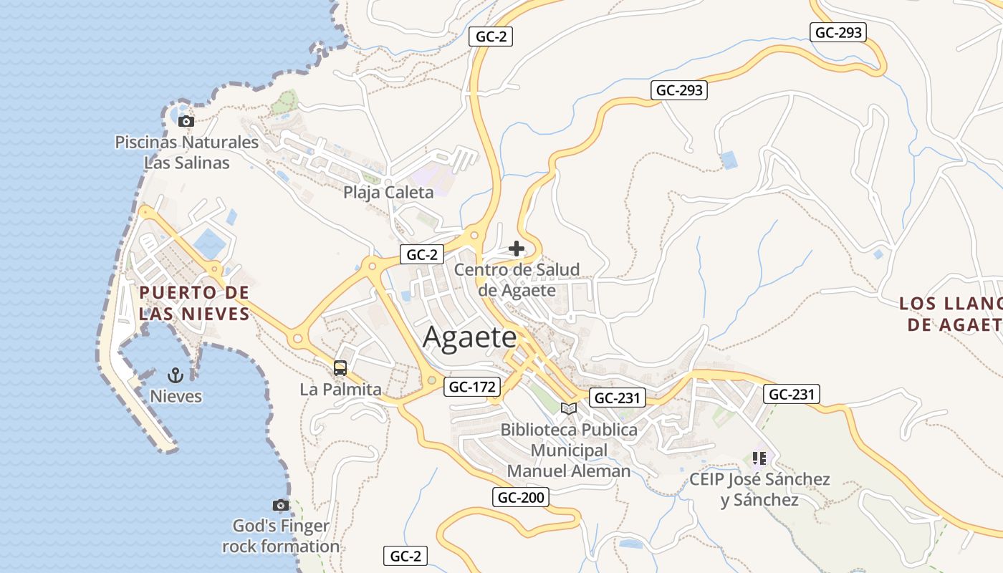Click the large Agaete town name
point(469,337)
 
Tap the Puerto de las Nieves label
point(194,303)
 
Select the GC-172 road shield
point(471,387)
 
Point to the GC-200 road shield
point(521,497)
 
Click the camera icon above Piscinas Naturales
point(186,121)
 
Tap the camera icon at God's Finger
point(281,505)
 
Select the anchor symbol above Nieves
point(176,375)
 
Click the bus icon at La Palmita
point(340,368)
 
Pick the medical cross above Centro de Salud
point(517,249)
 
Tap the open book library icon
point(569,408)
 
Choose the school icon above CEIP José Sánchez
point(759,457)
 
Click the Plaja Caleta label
point(388,192)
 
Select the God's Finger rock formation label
point(281,536)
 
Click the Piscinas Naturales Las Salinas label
point(187,153)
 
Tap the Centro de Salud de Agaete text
point(517,280)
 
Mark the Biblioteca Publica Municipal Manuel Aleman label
point(569,450)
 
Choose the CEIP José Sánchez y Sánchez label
point(759,489)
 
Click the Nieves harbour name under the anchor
point(176,396)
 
